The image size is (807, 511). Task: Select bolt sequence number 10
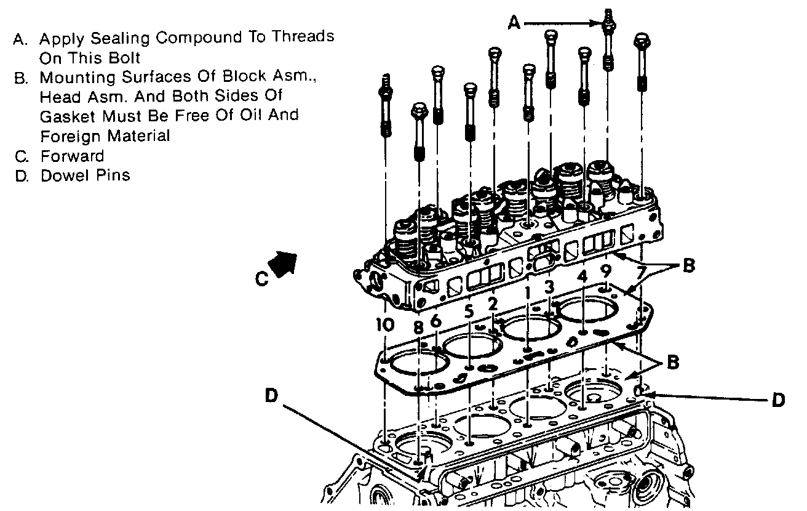pos(384,325)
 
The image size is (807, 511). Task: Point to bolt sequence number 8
pos(418,328)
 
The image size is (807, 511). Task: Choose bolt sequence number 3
pos(549,286)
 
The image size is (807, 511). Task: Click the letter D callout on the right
pos(778,400)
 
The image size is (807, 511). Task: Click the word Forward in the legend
pos(72,156)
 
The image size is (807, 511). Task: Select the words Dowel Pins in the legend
pos(85,175)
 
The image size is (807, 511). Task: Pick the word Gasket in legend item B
pos(65,116)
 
